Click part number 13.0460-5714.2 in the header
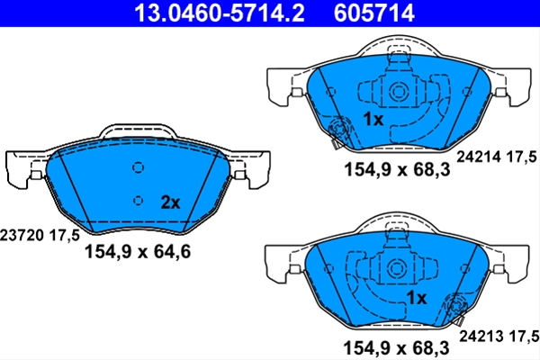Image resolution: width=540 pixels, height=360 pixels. (x=220, y=13)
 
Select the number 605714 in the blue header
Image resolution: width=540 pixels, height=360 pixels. (x=374, y=13)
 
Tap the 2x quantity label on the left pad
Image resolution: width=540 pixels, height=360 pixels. (x=170, y=202)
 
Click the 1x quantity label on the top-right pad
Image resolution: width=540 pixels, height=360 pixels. (x=373, y=119)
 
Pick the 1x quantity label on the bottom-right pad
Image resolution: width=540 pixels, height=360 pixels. (x=417, y=298)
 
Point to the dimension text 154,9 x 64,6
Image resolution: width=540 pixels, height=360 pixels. (x=138, y=251)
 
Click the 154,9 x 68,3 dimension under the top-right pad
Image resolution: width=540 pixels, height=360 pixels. (x=397, y=169)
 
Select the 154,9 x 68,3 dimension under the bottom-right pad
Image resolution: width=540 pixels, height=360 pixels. (x=396, y=348)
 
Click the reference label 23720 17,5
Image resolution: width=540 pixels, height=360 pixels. (x=40, y=236)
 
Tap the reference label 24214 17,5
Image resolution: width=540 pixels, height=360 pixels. (x=497, y=157)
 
